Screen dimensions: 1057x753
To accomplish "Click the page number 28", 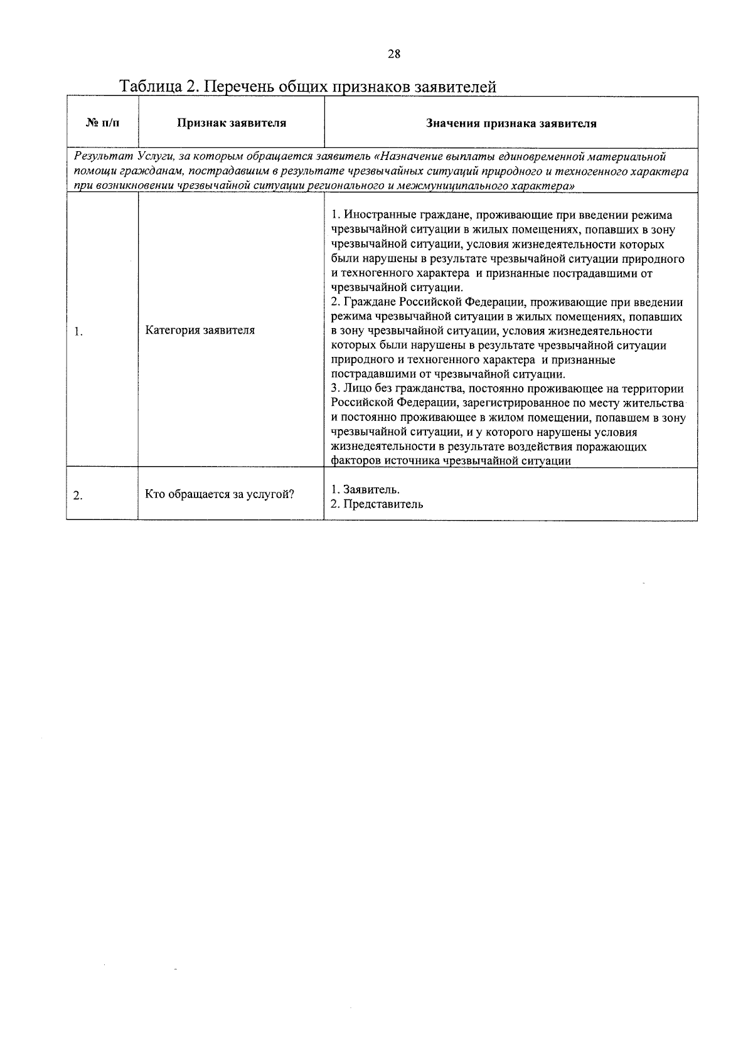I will click(393, 54).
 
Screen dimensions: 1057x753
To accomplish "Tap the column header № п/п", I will click(102, 123).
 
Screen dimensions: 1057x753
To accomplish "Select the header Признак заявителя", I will click(231, 123).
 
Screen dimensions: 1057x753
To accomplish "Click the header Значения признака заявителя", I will click(511, 123).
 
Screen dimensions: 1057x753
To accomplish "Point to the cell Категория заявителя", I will click(200, 330).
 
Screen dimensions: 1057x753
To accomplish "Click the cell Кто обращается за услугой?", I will click(220, 494).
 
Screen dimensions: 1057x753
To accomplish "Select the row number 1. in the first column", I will click(78, 331).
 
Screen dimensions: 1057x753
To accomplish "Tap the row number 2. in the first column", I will click(78, 496).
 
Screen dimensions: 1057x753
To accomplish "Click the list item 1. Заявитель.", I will click(365, 489).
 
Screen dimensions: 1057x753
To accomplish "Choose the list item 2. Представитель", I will click(376, 504).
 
